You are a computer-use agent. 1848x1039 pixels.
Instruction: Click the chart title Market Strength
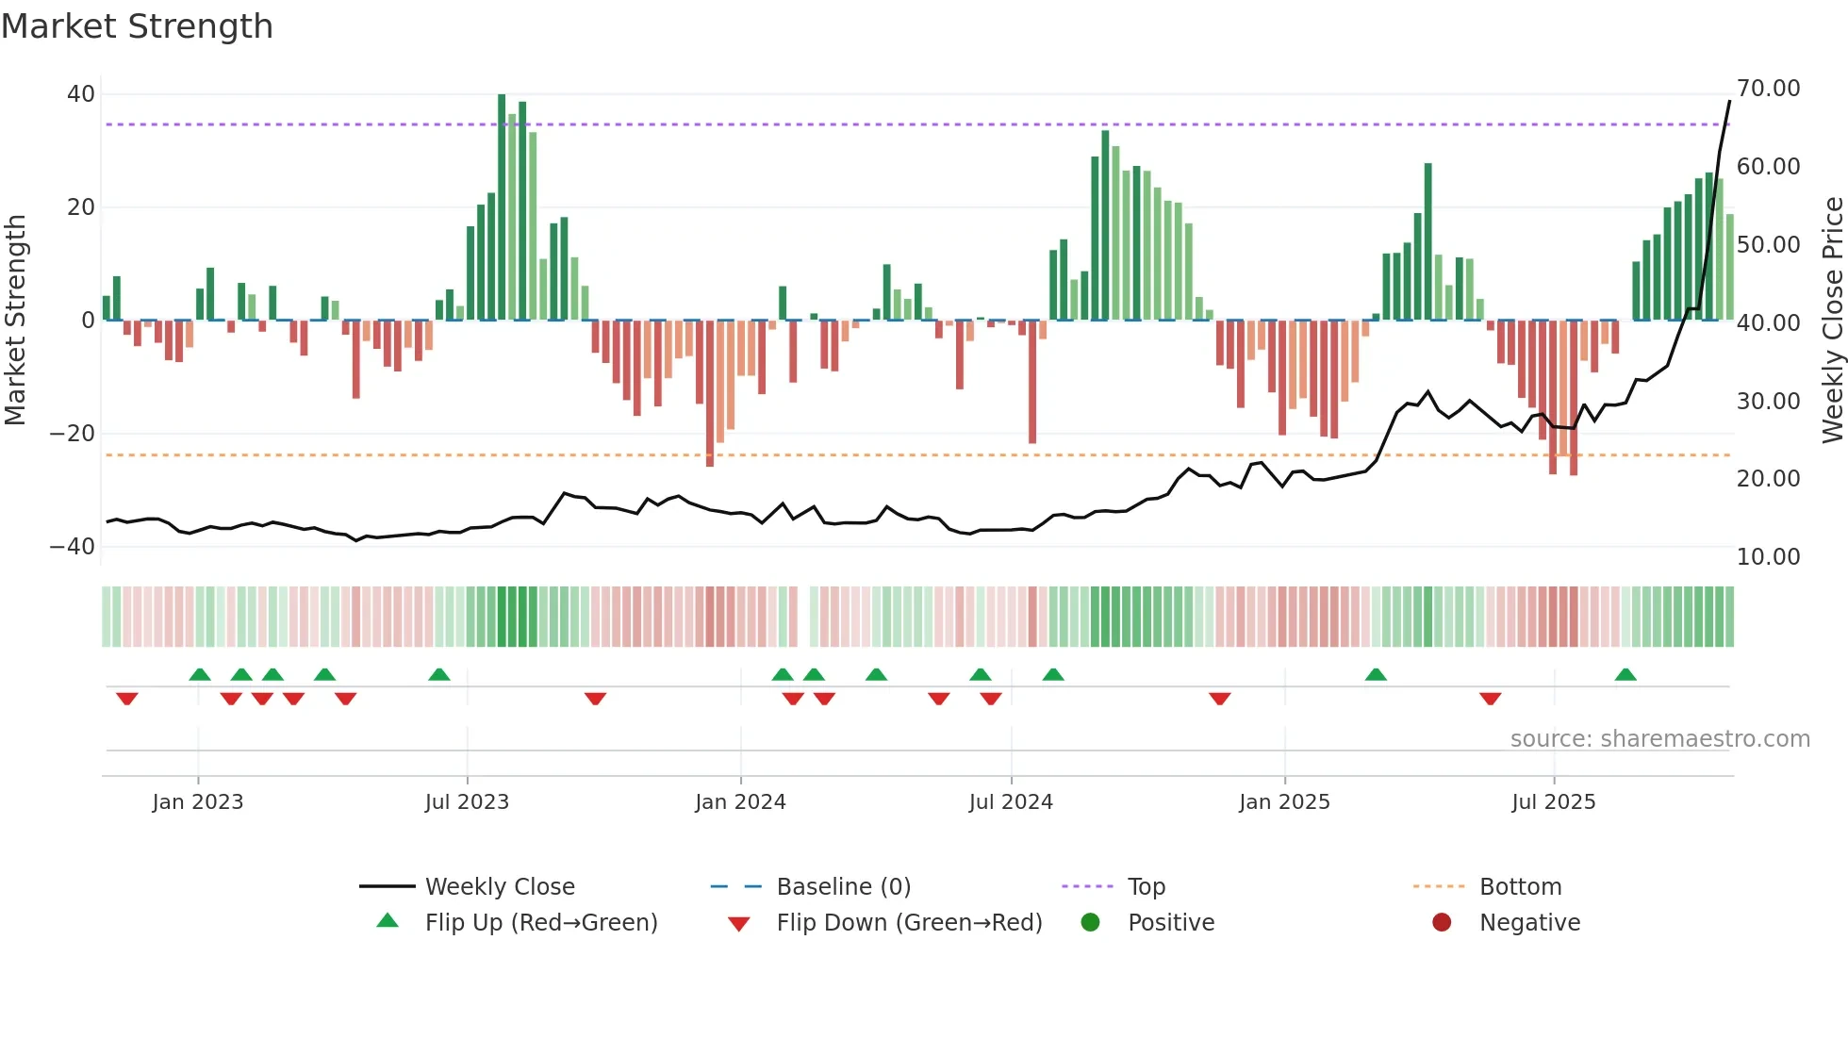(x=137, y=26)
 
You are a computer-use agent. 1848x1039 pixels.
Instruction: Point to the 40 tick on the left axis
(x=81, y=94)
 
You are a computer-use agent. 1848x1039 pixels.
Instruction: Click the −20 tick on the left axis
(x=73, y=434)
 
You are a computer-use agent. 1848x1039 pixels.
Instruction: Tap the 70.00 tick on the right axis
(x=1768, y=89)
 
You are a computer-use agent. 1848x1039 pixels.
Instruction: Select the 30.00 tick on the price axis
(x=1768, y=402)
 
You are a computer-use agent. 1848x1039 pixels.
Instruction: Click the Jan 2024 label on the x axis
(x=740, y=802)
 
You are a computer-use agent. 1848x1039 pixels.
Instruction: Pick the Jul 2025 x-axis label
(x=1553, y=802)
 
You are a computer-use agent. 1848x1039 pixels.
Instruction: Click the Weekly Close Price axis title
(x=1832, y=321)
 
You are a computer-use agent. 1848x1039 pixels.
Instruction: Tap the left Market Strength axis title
(x=15, y=321)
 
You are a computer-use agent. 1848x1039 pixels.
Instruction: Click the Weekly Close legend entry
(x=499, y=887)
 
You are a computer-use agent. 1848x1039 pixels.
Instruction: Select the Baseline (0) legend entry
(x=843, y=887)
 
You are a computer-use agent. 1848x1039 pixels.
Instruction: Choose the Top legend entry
(x=1146, y=887)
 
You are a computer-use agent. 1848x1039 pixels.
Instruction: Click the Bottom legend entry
(x=1520, y=887)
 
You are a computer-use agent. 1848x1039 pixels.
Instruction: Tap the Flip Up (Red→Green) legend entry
(x=540, y=923)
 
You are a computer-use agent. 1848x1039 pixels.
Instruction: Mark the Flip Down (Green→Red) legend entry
(x=909, y=923)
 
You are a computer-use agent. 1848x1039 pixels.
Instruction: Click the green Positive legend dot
(x=1091, y=923)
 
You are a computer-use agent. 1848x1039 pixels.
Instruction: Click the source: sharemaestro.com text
(x=1659, y=739)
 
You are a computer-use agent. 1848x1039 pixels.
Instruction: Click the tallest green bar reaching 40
(x=502, y=207)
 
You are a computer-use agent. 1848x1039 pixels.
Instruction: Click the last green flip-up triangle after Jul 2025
(x=1625, y=675)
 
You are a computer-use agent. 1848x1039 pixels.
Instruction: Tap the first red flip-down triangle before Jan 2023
(x=127, y=699)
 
